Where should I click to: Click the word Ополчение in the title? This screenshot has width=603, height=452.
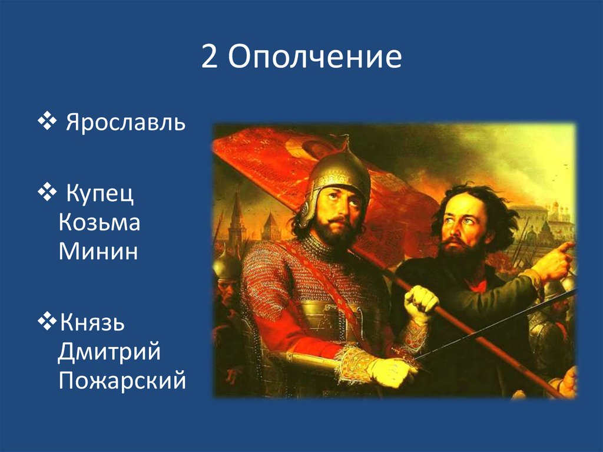click(315, 57)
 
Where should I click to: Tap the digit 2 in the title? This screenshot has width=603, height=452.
click(209, 57)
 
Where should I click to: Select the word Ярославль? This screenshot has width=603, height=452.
click(126, 123)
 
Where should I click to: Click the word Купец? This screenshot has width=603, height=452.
click(100, 194)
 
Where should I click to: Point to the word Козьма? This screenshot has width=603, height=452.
click(99, 223)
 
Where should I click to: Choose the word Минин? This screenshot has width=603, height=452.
click(98, 252)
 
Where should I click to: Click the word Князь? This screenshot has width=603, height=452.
click(92, 322)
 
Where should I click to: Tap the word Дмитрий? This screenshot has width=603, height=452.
click(109, 352)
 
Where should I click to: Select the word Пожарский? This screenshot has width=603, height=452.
click(122, 380)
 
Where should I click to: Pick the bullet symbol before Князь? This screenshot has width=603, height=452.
click(47, 321)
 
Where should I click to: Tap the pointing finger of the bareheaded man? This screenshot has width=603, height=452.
click(565, 246)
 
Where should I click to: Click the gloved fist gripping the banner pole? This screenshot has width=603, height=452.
click(421, 303)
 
